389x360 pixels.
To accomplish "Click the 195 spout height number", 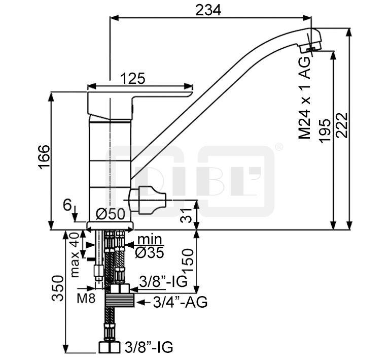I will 325,131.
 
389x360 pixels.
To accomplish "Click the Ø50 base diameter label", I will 110,214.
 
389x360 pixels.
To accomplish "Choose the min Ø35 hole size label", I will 150,246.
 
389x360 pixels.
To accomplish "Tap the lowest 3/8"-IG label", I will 149,347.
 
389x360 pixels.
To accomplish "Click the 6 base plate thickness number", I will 67,205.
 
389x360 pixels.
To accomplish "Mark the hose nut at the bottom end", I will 109,347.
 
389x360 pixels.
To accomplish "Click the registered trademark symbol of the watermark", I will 278,147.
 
